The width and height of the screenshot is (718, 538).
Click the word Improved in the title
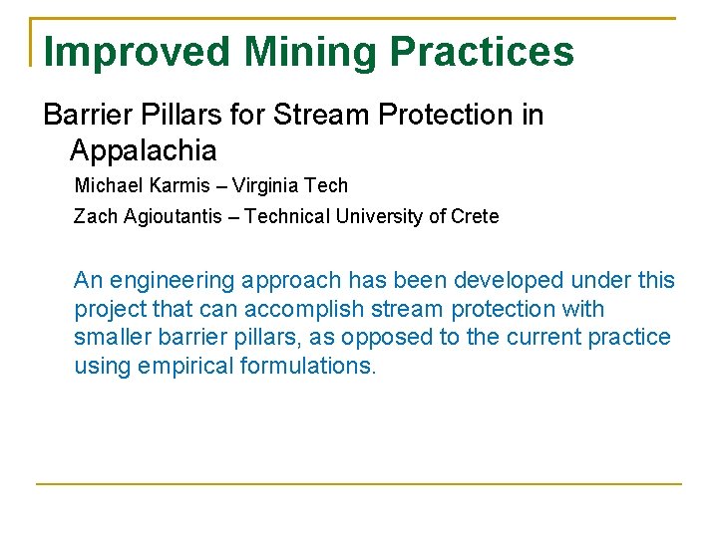(x=137, y=52)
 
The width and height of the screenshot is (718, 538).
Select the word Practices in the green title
(x=482, y=52)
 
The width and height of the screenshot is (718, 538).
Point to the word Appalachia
(x=143, y=150)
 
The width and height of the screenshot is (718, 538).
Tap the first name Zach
(x=95, y=216)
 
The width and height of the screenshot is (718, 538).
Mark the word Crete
(x=475, y=216)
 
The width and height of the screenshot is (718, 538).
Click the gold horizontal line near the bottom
(x=359, y=484)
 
